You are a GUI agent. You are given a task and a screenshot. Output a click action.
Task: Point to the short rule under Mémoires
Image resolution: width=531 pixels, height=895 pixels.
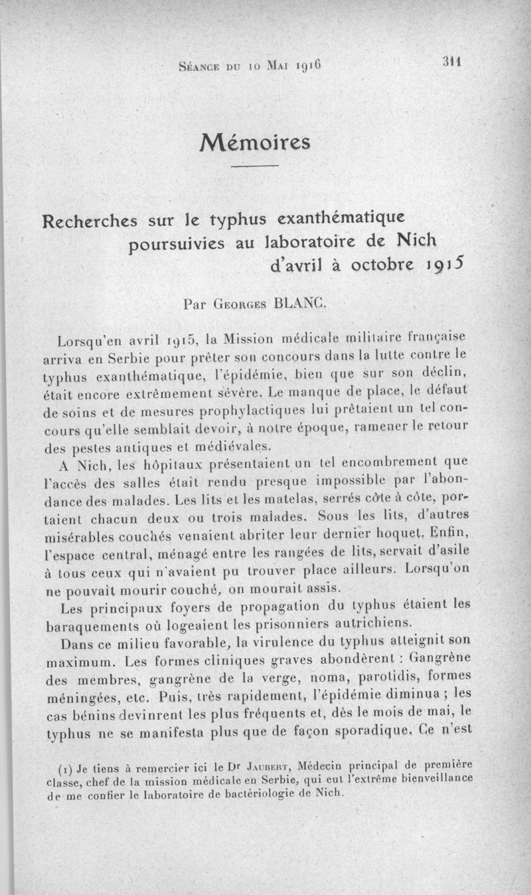[x=256, y=166]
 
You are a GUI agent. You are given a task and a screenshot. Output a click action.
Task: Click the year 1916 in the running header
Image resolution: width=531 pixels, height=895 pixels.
[x=309, y=66]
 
